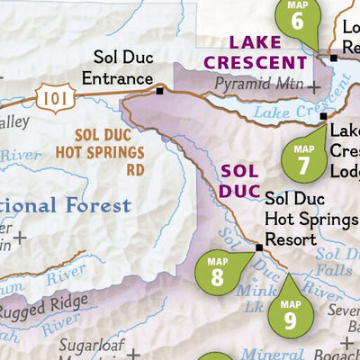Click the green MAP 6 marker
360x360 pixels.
298,19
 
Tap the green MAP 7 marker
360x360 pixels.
303,158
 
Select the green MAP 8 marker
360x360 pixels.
217,272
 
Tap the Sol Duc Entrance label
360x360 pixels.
117,68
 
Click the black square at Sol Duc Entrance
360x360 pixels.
159,90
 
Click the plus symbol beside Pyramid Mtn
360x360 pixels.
314,87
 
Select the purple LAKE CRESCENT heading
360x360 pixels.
268,51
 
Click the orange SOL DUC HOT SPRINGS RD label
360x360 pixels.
110,150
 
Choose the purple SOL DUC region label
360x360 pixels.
238,179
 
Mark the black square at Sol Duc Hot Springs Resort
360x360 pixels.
258,246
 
